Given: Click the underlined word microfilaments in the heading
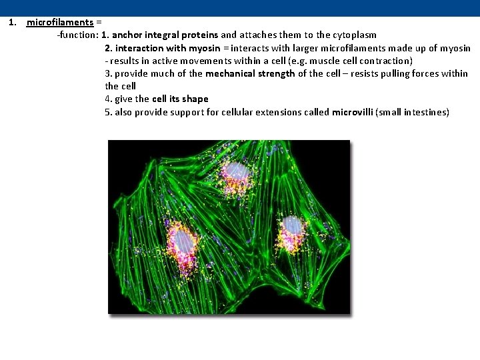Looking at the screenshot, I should pyautogui.click(x=59, y=22).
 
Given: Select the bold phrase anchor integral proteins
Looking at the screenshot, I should pyautogui.click(x=166, y=35).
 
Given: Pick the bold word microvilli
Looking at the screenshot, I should pyautogui.click(x=352, y=112).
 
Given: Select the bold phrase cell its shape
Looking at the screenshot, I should pyautogui.click(x=180, y=99).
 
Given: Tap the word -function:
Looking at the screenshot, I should pyautogui.click(x=77, y=35).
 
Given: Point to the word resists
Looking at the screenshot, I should pyautogui.click(x=343, y=73).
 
